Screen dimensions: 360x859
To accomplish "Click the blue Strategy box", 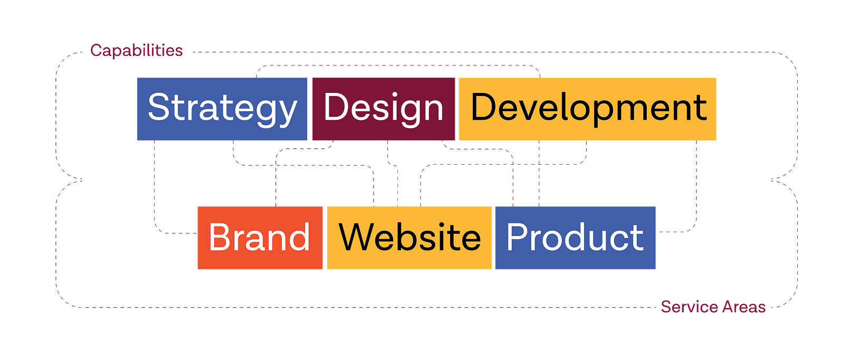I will point(222,109).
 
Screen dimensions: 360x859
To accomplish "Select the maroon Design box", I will point(384,109).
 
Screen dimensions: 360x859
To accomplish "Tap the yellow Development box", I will point(587,109).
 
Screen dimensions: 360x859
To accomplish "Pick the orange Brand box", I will point(260,238).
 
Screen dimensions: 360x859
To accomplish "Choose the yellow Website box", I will point(409,238).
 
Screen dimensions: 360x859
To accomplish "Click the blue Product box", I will point(575,238).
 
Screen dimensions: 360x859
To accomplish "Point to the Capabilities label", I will point(137,51).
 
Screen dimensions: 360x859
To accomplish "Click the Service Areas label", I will point(713,307).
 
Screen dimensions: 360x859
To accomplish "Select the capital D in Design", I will point(336,107).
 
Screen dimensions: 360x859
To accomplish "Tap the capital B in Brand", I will point(222,238).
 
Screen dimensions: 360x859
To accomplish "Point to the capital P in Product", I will point(519,238).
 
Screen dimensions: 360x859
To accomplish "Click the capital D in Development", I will point(485,107).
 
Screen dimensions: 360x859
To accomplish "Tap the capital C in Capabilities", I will point(97,51).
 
